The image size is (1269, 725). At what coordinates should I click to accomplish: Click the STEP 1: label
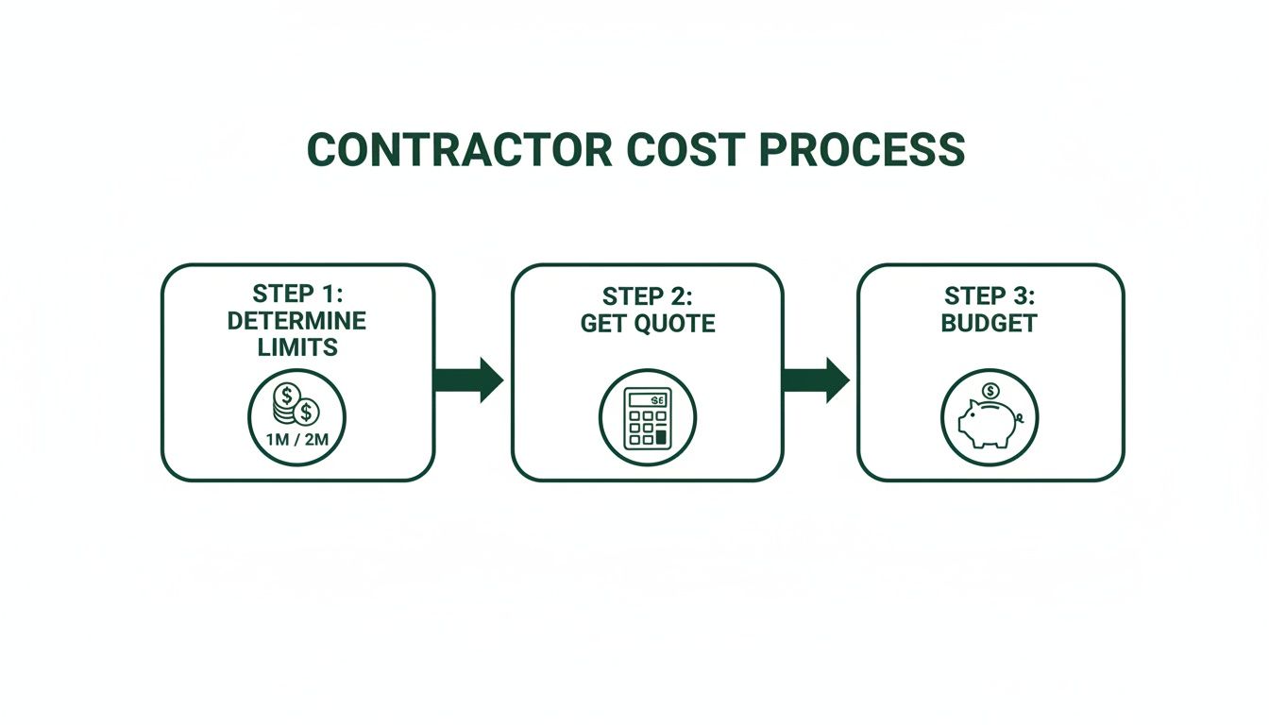coord(297,293)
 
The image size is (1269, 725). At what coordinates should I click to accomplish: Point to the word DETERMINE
coord(297,320)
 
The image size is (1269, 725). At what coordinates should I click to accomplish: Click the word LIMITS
coord(297,347)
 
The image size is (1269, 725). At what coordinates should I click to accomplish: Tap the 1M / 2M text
coord(297,439)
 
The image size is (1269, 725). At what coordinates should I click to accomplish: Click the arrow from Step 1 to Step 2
coord(469,379)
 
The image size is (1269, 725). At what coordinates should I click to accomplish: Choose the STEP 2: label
coord(648,295)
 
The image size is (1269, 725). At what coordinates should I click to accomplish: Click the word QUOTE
coord(672,323)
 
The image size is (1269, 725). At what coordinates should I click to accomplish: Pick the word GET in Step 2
coord(601,323)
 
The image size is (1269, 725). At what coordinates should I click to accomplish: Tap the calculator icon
coord(648,416)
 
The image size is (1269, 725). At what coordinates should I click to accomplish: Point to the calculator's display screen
coord(648,398)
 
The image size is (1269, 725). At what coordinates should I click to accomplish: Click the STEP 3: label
coord(990,295)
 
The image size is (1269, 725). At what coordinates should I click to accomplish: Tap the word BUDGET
coord(990,323)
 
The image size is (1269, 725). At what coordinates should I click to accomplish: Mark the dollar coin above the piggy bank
coord(990,391)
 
